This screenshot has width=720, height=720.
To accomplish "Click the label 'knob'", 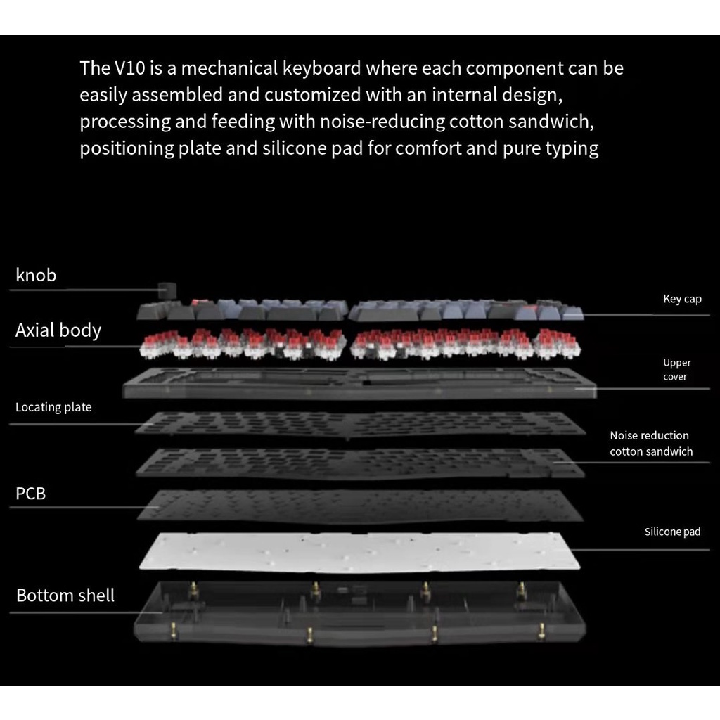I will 36,275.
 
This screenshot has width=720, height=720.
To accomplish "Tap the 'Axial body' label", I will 58,330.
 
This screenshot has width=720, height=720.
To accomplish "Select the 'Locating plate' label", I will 53,407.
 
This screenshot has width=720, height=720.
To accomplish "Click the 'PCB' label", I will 31,494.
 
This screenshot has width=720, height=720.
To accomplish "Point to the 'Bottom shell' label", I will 65,595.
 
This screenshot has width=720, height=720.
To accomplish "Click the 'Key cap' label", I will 682,299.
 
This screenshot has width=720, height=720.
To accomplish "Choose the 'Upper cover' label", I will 676,370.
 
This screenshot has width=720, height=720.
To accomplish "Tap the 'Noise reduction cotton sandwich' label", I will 650,444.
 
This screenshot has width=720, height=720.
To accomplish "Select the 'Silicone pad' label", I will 672,532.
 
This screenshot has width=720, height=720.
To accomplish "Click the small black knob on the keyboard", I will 167,290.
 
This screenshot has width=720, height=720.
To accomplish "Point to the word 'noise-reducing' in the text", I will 382,122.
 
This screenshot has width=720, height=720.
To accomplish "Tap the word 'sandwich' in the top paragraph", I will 551,122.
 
